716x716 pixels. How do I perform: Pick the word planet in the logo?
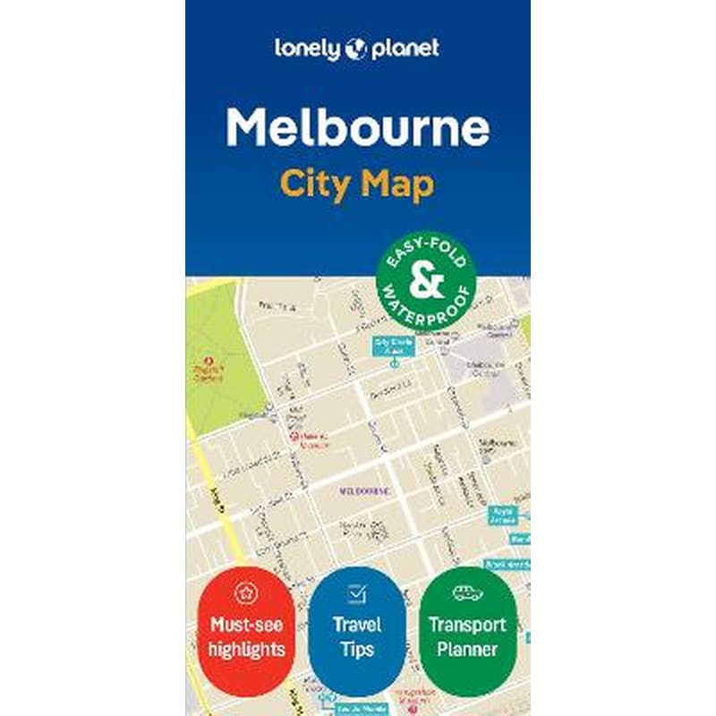[x=403, y=48]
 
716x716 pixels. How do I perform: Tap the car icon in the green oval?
[x=466, y=592]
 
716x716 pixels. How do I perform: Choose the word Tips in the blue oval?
[x=357, y=648]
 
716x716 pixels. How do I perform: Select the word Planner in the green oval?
[x=466, y=648]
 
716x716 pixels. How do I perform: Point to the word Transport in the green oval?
[x=466, y=625]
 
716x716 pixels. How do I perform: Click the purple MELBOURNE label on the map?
[x=364, y=490]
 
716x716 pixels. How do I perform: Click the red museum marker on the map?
[x=293, y=435]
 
